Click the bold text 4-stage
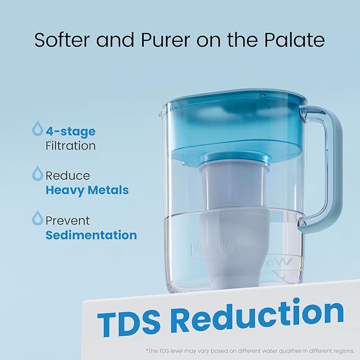70,130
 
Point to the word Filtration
70,145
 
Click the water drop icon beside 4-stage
38,129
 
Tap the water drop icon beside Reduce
38,174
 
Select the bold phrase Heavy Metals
87,190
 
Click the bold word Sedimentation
91,235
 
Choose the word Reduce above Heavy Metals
68,175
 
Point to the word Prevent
68,221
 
